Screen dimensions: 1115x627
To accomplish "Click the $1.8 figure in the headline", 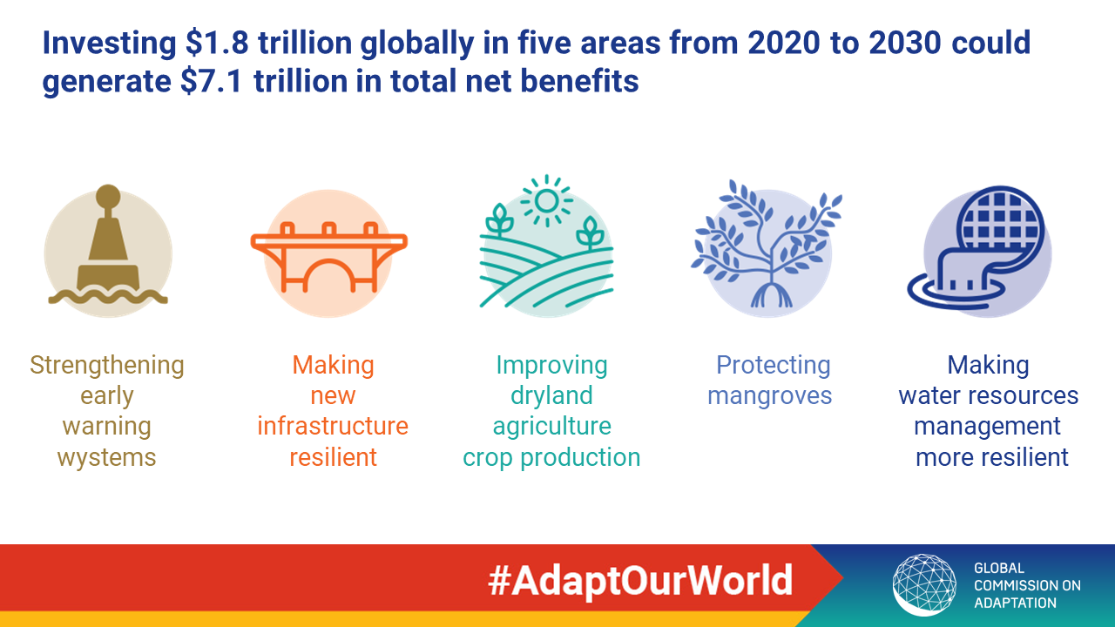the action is (217, 43).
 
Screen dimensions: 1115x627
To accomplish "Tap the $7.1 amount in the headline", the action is (212, 81).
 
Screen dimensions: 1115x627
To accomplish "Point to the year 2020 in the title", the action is (783, 43).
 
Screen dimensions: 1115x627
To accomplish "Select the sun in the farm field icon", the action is (546, 201).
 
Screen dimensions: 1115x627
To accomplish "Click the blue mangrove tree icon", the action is (767, 244).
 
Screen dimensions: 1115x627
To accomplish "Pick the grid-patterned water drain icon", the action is (977, 248).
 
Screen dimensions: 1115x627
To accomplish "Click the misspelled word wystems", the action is (106, 457).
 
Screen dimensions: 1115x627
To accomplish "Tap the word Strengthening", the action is (107, 365).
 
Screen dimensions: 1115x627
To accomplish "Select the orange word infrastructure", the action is (333, 426).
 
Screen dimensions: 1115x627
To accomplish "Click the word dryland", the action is (551, 395).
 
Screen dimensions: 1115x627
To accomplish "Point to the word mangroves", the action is (769, 396).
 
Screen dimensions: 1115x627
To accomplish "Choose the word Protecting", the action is (773, 365).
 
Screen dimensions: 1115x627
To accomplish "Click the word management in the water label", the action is (987, 427).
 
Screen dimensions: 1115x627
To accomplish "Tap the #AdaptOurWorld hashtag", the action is (640, 581).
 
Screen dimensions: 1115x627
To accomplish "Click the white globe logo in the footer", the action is (924, 584).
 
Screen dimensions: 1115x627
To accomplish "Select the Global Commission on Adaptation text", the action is (1027, 585).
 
